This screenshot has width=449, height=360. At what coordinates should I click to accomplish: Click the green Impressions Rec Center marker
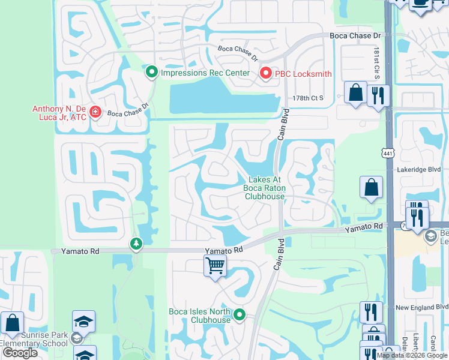tap(152, 73)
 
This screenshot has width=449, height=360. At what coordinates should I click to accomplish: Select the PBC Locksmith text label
tap(303, 74)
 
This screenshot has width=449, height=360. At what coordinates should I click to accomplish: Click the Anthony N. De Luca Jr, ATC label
tap(59, 113)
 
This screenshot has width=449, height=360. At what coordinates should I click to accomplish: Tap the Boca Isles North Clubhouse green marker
tap(240, 314)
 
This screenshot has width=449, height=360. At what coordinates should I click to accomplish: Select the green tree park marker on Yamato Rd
tap(136, 244)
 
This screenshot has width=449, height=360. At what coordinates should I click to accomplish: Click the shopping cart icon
tap(215, 265)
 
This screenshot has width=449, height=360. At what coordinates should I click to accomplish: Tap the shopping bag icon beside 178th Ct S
tap(355, 92)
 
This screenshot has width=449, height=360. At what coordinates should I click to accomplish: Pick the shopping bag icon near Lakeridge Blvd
tap(371, 187)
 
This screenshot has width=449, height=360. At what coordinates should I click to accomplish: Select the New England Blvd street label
tap(423, 307)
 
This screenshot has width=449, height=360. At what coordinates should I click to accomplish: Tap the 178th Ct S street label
tap(307, 98)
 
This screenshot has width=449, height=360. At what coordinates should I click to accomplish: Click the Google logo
tap(20, 353)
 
